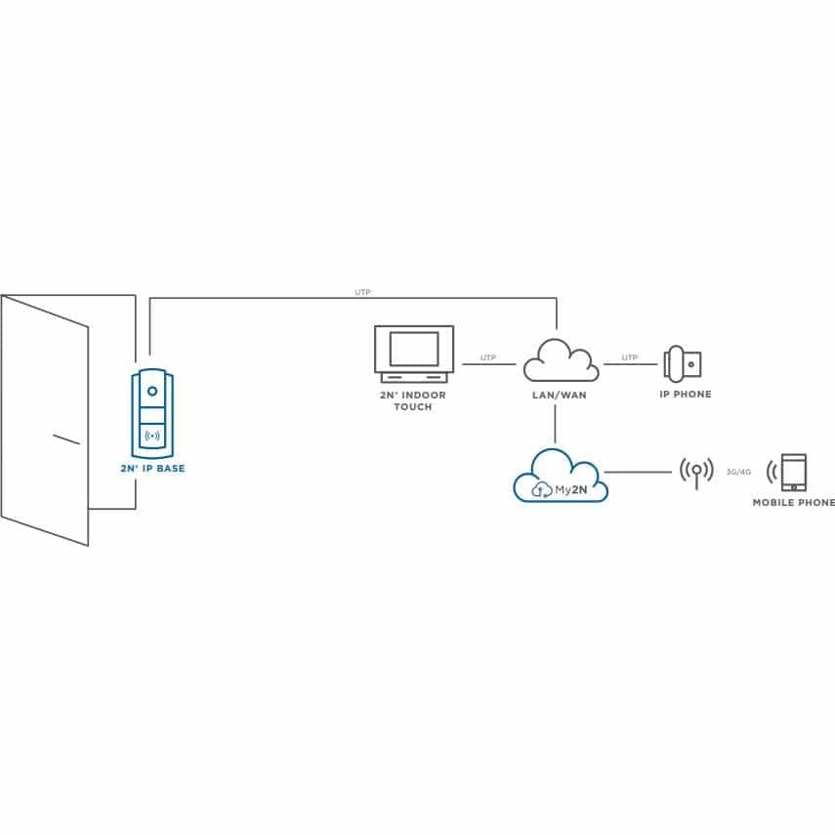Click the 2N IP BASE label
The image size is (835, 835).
pos(152,469)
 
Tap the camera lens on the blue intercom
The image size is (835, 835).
pos(152,392)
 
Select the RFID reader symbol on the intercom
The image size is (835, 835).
pos(152,437)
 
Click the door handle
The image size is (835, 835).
pos(66,438)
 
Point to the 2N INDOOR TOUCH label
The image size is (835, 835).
pos(413,401)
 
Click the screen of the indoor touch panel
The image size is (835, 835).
pos(414,349)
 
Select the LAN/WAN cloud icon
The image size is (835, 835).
pos(561,360)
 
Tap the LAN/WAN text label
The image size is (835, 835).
pos(560,396)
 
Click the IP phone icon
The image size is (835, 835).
pos(683,364)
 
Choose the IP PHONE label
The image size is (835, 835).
pos(686,395)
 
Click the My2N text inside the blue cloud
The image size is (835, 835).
pos(571,490)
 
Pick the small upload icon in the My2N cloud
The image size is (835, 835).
pos(542,490)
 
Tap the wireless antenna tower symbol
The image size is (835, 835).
pos(696,473)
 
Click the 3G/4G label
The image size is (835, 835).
pos(738,472)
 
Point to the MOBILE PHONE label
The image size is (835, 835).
pos(793,502)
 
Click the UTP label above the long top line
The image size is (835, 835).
pos(362,292)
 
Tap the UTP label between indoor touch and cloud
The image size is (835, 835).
pos(488,357)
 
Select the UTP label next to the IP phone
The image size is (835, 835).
pos(630,357)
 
